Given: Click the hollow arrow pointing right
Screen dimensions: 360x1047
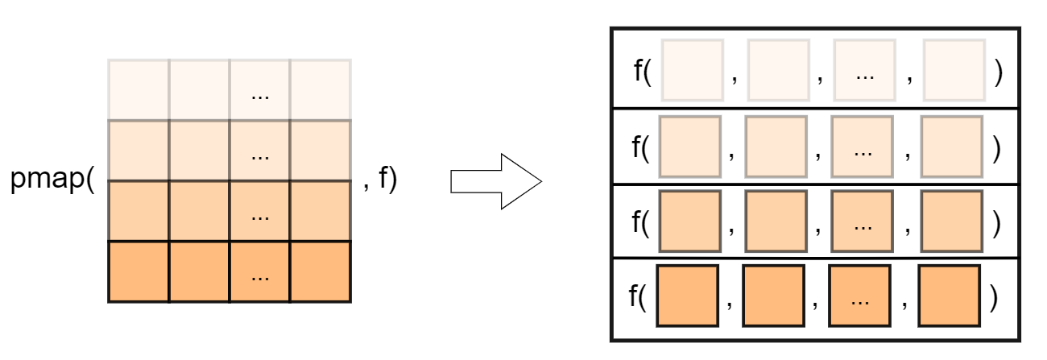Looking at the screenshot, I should click(x=495, y=181).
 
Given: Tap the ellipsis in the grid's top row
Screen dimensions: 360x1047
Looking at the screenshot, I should click(x=259, y=95).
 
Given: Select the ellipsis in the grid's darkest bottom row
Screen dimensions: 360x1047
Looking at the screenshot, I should click(x=259, y=276).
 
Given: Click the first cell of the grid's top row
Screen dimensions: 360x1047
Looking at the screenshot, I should click(x=139, y=89).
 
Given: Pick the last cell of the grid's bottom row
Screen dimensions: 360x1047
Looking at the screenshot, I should click(x=321, y=271).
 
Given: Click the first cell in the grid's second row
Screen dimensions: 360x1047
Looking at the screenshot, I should click(x=139, y=151).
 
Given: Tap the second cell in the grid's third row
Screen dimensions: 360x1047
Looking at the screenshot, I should click(x=199, y=211).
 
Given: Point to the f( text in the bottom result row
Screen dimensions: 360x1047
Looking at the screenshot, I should click(x=638, y=296).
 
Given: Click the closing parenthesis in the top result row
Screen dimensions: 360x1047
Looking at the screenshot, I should click(x=999, y=72).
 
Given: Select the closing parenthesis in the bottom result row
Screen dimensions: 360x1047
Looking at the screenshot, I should click(x=993, y=296).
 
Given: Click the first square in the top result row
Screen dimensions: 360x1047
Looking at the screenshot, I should click(x=693, y=70).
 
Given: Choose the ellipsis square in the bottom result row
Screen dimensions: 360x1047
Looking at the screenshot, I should click(x=859, y=296).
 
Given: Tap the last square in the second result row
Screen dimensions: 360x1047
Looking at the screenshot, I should click(x=952, y=146).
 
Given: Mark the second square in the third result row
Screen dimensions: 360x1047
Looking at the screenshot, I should click(x=776, y=221).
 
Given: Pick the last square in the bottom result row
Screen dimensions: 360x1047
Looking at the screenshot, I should click(x=948, y=296).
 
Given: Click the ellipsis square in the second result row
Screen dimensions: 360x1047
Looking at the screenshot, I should click(x=863, y=146).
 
